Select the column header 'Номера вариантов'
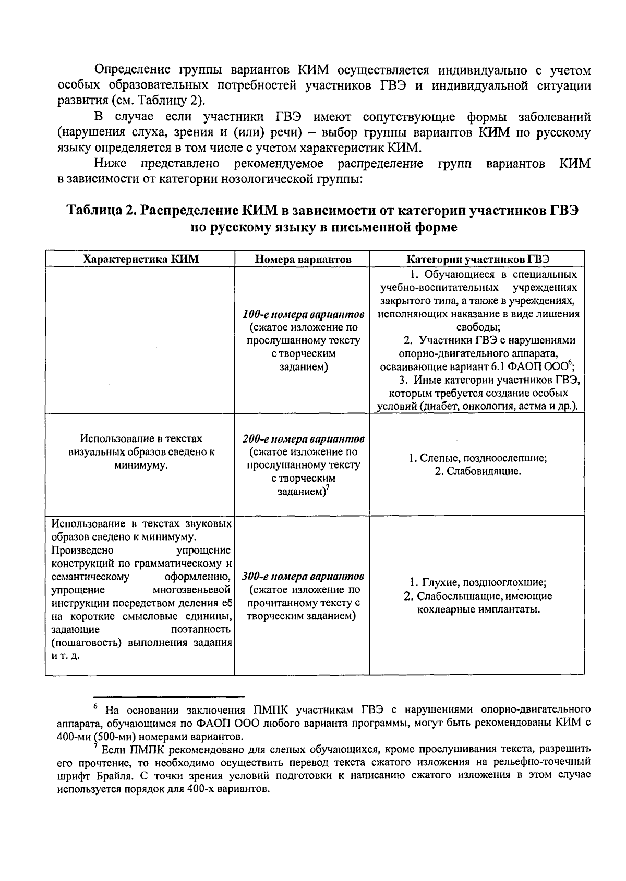click(x=303, y=259)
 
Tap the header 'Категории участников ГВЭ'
click(x=477, y=259)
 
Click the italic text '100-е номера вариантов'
click(x=303, y=315)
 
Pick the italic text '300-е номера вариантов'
click(x=303, y=577)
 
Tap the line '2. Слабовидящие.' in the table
click(x=477, y=472)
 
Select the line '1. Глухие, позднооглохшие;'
click(x=477, y=583)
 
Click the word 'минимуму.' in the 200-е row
click(x=141, y=466)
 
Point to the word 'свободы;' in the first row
click(x=478, y=327)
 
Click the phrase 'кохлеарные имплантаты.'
click(x=478, y=609)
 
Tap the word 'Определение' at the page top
click(x=133, y=70)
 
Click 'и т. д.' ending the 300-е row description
click(x=66, y=656)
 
